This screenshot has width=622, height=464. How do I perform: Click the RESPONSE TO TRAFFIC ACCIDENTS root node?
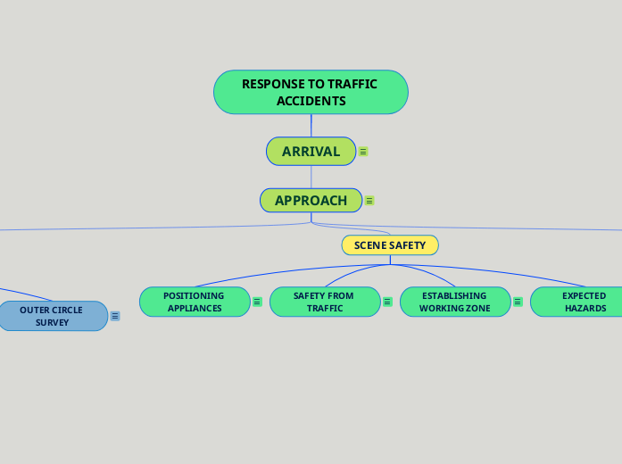click(311, 92)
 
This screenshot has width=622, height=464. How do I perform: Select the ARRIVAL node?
click(311, 152)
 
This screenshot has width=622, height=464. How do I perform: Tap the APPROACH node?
click(311, 201)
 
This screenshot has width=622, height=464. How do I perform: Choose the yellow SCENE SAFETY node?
click(390, 244)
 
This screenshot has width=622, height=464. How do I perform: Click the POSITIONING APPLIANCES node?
click(194, 302)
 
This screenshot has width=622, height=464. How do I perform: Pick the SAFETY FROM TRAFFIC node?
click(324, 302)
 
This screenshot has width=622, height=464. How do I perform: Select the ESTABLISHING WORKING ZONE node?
click(454, 302)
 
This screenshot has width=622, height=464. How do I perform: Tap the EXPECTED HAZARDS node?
click(580, 302)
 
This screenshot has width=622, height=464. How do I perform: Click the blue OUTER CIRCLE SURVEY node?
click(52, 316)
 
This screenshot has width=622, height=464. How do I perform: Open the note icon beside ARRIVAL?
click(363, 153)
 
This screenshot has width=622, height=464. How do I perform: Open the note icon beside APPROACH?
click(369, 201)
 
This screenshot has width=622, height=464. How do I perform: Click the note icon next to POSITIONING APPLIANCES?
click(257, 302)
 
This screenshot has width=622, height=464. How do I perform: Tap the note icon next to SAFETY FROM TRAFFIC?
click(387, 302)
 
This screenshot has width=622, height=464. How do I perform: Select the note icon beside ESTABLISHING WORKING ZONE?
click(518, 302)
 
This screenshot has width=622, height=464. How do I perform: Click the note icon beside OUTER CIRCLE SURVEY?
click(115, 316)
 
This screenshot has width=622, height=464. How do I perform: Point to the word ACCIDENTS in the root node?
click(311, 101)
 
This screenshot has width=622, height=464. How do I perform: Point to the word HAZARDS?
click(585, 309)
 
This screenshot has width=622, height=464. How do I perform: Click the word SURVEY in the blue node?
click(52, 323)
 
